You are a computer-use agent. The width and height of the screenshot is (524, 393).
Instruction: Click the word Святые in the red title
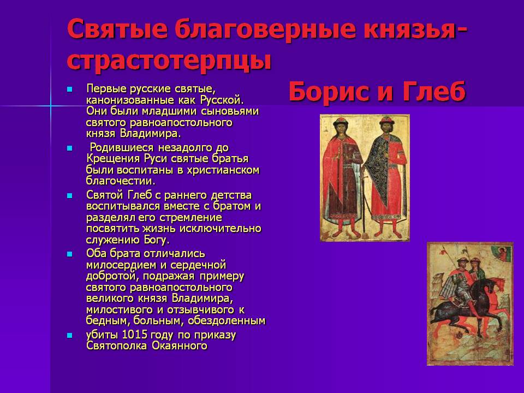117,29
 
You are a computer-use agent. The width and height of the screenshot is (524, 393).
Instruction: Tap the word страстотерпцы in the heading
169,61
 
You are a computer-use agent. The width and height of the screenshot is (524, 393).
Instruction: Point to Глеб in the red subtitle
433,91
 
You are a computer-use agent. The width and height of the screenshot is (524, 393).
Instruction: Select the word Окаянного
180,346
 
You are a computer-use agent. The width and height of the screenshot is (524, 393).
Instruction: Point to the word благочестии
121,181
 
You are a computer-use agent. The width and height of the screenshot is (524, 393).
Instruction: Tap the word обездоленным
227,321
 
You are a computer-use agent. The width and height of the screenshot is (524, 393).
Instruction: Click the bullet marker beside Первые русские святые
69,89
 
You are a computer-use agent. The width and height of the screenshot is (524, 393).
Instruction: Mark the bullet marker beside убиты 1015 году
69,335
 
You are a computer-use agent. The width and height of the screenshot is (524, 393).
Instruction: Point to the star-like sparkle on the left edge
51,106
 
